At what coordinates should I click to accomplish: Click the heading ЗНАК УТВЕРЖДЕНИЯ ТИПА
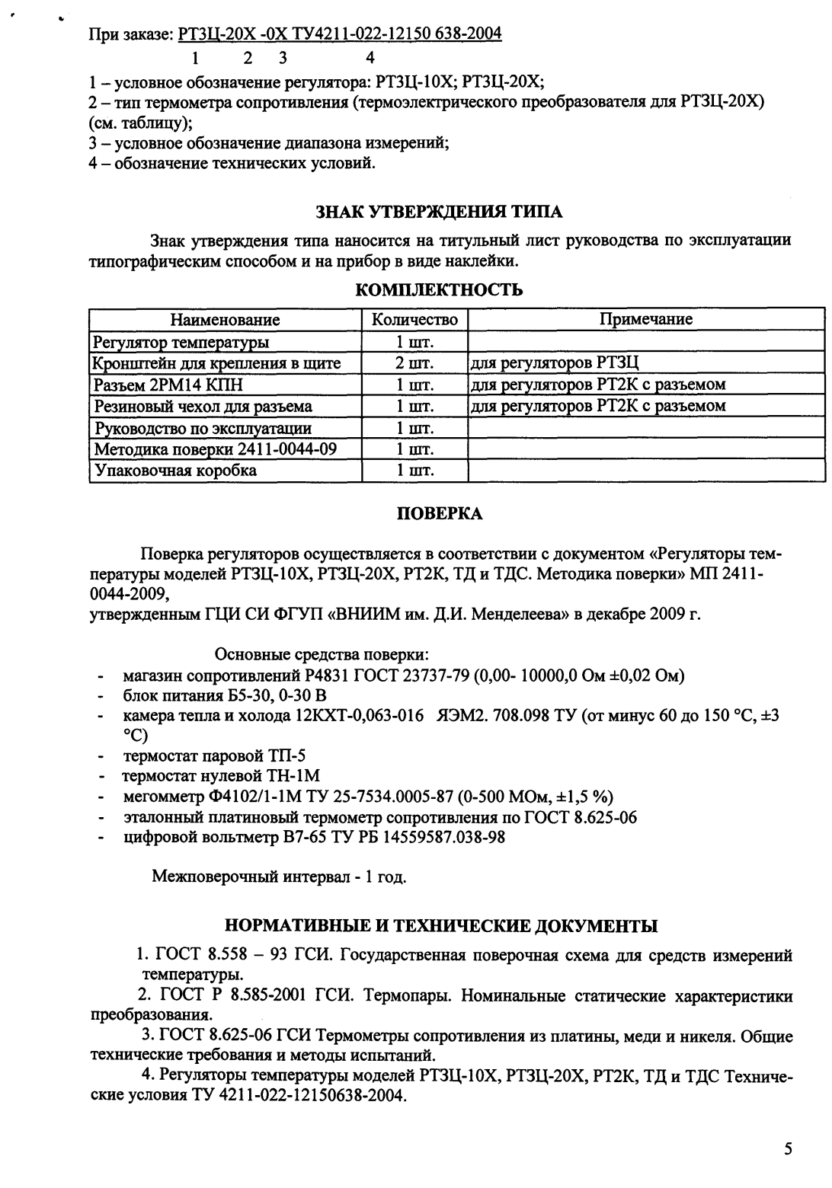click(440, 211)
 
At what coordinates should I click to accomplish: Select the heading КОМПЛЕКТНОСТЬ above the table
click(440, 289)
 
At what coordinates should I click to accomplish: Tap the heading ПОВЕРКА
click(440, 514)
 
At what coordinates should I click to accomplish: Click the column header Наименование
click(225, 320)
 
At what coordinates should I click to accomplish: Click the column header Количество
click(414, 320)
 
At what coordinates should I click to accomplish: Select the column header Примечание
click(646, 320)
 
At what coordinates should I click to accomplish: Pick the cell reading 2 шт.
click(414, 363)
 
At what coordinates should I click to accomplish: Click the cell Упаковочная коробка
click(174, 471)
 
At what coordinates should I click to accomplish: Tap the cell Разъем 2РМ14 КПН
click(168, 385)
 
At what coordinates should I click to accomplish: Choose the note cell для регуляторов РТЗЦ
click(560, 363)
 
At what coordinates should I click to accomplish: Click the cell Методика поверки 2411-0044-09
click(214, 449)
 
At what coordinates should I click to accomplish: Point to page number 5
click(789, 1149)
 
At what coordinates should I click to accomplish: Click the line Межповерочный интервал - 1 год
click(279, 877)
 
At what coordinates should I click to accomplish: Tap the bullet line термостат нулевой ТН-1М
click(221, 777)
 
